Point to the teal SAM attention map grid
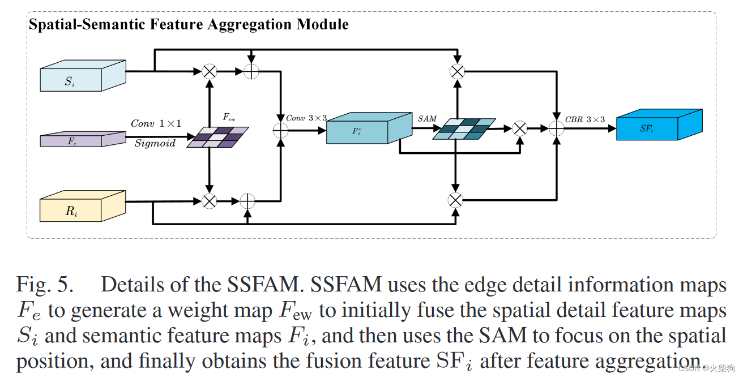(463, 128)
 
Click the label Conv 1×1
(155, 123)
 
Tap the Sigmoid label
(155, 144)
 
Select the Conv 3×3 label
(306, 118)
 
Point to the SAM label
(428, 119)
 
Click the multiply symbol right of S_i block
(210, 71)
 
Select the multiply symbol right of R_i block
(210, 200)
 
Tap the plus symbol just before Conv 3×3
(280, 130)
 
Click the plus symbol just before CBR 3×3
(557, 130)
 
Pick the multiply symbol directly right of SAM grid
(519, 129)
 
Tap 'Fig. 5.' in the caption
(45, 285)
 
